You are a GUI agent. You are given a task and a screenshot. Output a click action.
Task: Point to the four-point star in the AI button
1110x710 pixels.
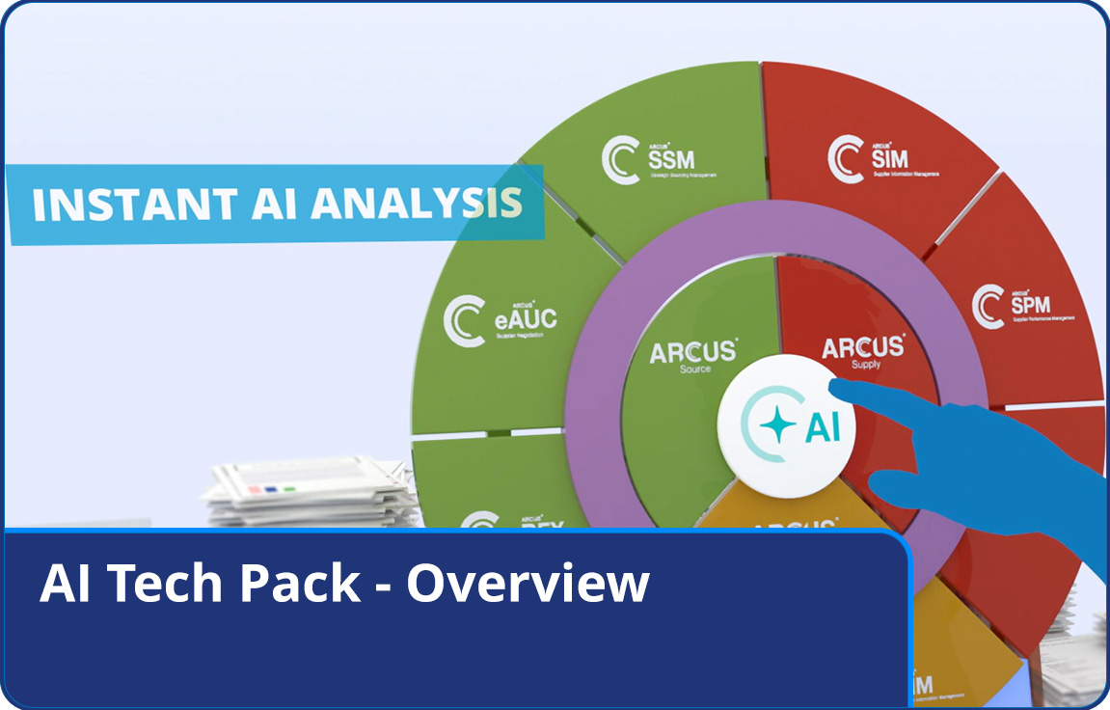[777, 425]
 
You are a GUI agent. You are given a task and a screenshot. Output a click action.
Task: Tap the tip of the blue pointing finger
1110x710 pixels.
[835, 388]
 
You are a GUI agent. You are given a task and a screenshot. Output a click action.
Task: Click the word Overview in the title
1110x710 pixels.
[528, 584]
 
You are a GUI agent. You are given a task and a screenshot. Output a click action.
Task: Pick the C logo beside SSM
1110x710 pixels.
[621, 158]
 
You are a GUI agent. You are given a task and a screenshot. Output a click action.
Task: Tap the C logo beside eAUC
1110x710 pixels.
[463, 321]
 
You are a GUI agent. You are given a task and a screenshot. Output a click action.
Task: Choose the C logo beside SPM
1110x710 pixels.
[988, 305]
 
